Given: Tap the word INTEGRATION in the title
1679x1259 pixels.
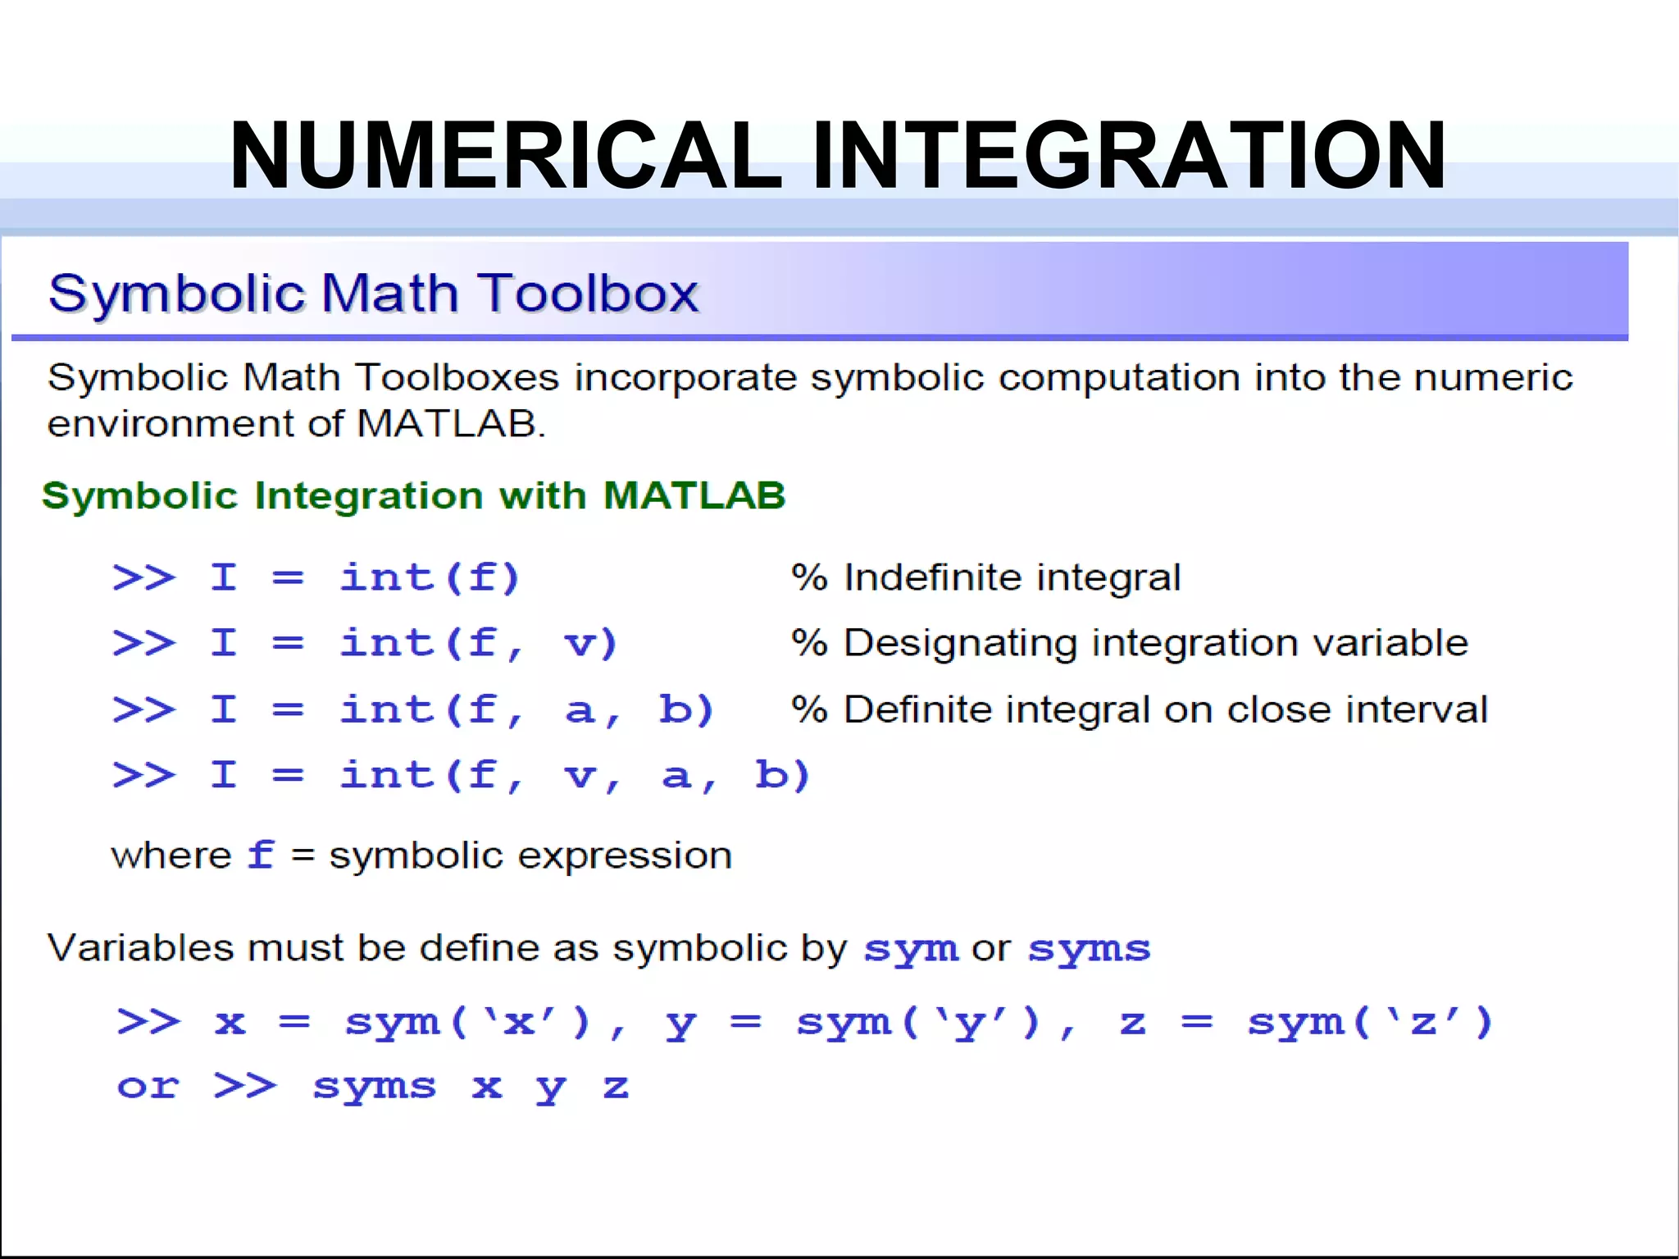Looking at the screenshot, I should pos(1129,156).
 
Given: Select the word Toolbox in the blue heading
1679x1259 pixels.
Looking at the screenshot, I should pos(589,293).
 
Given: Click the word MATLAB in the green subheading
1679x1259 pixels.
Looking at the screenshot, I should pos(694,495).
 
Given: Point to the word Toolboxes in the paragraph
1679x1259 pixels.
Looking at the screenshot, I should pos(457,378).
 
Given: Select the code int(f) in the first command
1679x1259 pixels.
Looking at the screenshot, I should pos(430,577).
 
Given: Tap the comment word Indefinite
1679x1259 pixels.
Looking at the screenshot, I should pos(922,577).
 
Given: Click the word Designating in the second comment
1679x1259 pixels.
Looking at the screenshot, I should pos(960,643).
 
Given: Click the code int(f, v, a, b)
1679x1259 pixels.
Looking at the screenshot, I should pos(575,774).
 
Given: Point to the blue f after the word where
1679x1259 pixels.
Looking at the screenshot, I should pos(262,855).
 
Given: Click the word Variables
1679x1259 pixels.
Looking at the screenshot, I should pos(141,948).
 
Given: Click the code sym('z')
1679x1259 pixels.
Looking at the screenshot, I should pos(1369,1023).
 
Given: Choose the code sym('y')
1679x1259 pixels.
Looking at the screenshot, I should pos(918,1023).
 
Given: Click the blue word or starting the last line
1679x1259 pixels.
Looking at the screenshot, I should pos(148,1087).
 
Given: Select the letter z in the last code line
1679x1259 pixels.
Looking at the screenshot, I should pos(616,1087).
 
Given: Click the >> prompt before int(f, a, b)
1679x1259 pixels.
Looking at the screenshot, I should pos(144,709).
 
